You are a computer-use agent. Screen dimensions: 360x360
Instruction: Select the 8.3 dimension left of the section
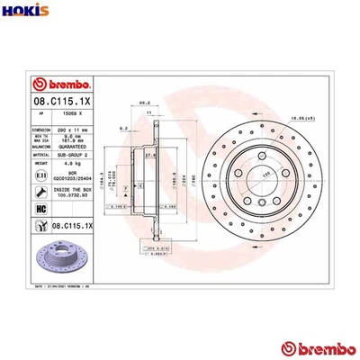tap(123, 129)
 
